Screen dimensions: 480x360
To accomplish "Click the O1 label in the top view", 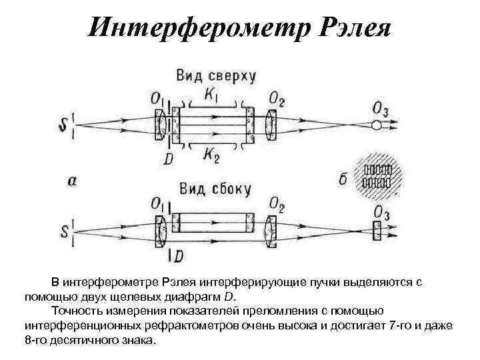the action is (x=157, y=100).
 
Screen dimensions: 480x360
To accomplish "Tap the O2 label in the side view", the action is (x=277, y=204).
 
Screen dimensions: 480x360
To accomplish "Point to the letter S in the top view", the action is (x=64, y=125).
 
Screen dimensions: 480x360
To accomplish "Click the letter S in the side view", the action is (x=64, y=231).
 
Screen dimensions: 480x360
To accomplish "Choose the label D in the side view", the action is (x=178, y=256).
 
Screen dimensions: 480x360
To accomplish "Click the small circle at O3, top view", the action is (x=377, y=125).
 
